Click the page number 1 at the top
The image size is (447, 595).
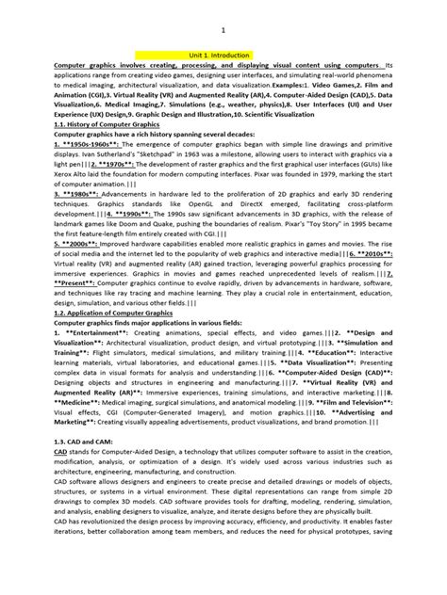point(223,30)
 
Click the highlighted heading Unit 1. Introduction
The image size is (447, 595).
point(223,56)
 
